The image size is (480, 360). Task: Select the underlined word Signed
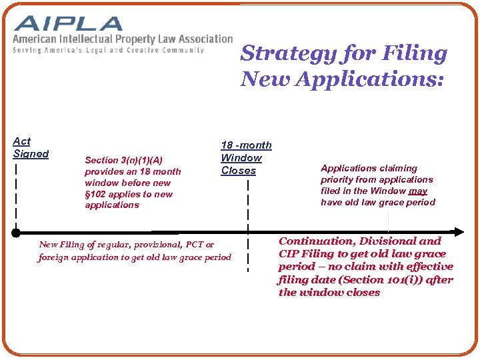tap(31, 154)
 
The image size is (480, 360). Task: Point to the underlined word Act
tap(22, 141)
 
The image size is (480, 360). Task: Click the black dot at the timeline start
tap(15, 233)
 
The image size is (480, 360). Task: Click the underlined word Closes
tap(239, 171)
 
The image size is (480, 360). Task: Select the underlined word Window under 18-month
tap(241, 158)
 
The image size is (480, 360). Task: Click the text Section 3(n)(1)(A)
tap(123, 160)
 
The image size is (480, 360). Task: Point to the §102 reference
tap(97, 194)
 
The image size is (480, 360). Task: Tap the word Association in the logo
tap(203, 39)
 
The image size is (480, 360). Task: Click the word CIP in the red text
tap(289, 254)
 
